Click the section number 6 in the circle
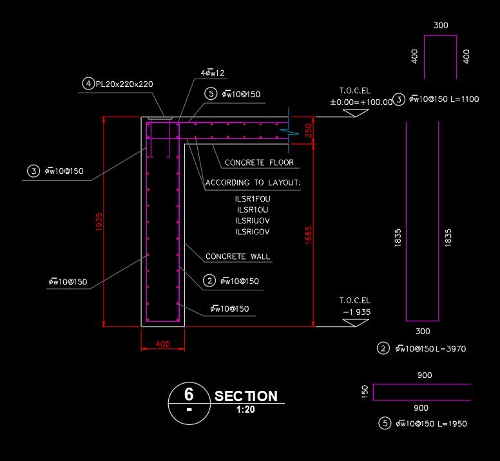[189, 394]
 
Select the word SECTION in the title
[246, 396]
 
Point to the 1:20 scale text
[245, 409]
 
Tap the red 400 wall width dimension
[163, 344]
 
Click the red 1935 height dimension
[99, 222]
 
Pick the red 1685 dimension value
[309, 235]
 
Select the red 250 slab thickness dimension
[309, 131]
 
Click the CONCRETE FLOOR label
[259, 163]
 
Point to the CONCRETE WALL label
[238, 257]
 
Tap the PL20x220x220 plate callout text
[124, 84]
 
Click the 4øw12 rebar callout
[213, 73]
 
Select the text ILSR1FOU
[253, 199]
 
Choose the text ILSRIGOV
[253, 232]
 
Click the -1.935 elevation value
[357, 312]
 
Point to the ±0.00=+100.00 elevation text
[361, 102]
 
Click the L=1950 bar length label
[452, 424]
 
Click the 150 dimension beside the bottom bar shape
[365, 391]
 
